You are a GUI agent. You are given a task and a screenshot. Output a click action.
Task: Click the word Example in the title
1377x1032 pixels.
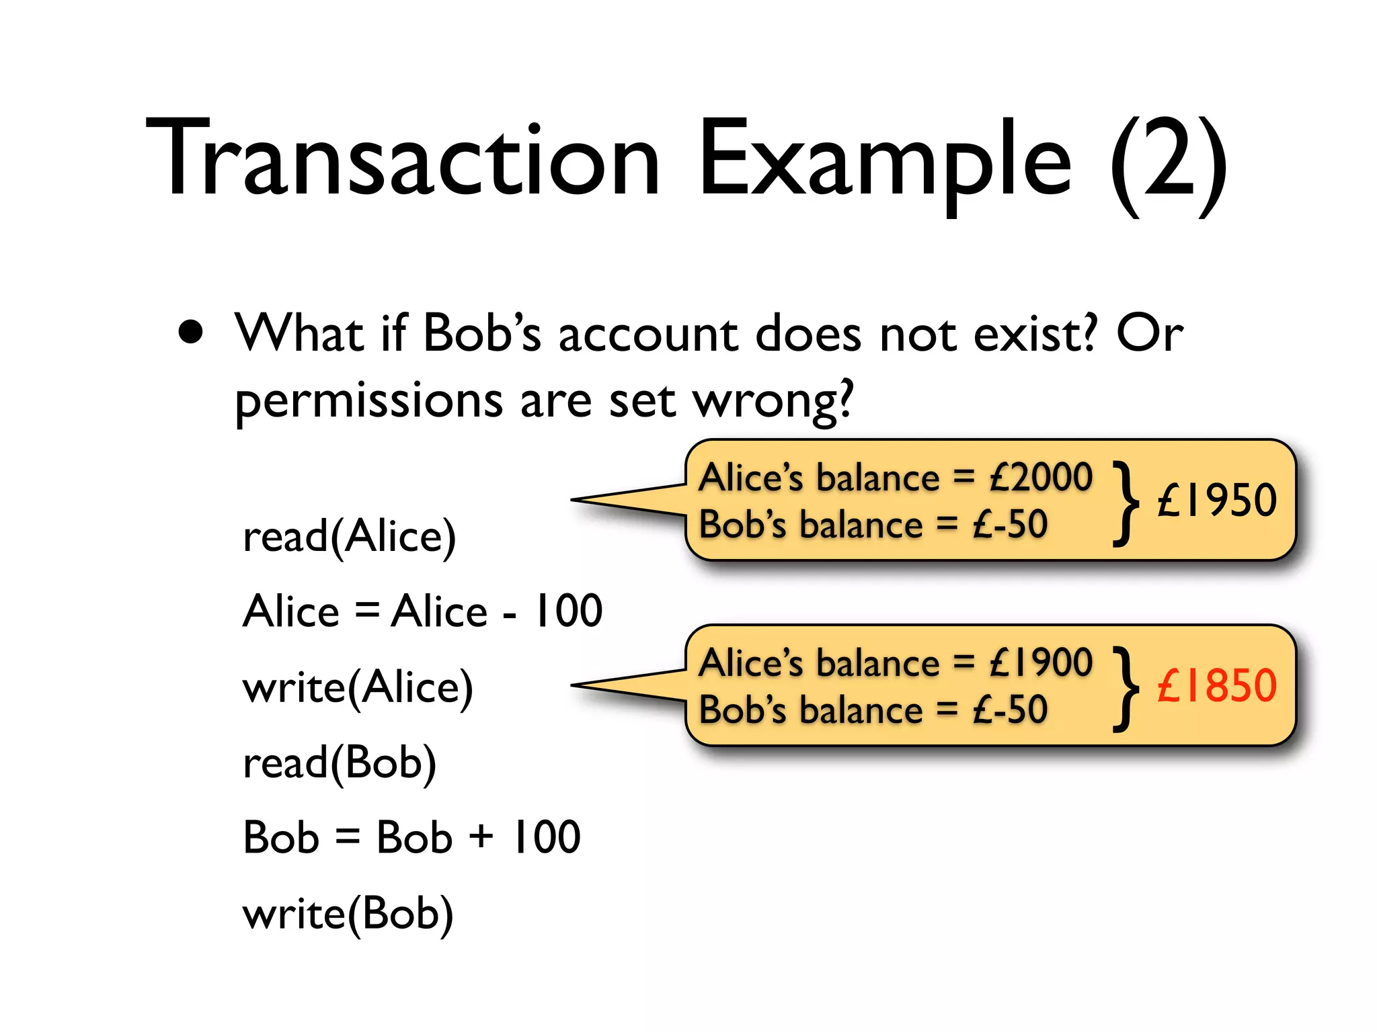(885, 161)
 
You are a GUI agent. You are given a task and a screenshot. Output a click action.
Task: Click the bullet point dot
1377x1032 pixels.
(192, 332)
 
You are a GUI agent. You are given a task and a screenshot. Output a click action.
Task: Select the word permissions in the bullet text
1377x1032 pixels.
(368, 401)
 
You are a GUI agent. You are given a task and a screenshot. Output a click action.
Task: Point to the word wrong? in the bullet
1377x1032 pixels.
(773, 401)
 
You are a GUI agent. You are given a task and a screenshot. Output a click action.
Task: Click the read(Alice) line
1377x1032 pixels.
(349, 537)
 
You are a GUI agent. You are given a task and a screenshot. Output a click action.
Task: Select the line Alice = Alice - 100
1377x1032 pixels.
(422, 611)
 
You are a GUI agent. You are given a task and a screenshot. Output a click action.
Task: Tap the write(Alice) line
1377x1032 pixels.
(358, 687)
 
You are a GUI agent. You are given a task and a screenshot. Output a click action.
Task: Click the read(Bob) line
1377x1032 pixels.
(340, 763)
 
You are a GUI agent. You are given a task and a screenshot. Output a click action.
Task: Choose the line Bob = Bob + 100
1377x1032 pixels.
(411, 838)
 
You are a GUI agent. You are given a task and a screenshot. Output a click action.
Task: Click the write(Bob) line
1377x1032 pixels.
(348, 914)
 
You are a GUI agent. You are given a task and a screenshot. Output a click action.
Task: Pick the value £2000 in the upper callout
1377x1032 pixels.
(1041, 478)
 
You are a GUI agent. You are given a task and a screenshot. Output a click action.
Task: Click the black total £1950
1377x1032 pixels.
(1216, 501)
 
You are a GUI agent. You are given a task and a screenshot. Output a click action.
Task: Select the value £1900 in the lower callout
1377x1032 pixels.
(1041, 663)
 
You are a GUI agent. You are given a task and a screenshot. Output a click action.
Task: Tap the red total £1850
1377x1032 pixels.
(1216, 686)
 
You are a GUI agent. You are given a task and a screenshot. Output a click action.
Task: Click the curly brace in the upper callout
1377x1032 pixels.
(1126, 503)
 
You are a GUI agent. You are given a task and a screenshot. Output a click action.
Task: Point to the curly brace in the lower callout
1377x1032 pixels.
(1126, 688)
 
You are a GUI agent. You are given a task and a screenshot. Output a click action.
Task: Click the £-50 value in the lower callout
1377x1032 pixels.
(1010, 710)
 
